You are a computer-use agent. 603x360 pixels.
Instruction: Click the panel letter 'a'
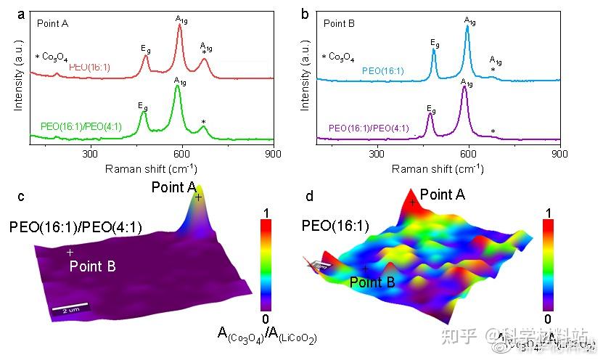(22, 14)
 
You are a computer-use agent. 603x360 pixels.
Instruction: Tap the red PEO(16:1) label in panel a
(89, 67)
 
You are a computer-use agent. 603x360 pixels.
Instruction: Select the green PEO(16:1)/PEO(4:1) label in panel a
(81, 126)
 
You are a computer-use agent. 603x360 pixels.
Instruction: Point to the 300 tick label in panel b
(377, 154)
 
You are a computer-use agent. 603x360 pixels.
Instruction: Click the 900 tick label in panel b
(560, 154)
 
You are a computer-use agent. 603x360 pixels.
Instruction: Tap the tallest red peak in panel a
(179, 26)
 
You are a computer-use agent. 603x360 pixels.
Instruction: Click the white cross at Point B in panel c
(70, 253)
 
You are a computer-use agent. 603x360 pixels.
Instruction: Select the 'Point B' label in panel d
(372, 282)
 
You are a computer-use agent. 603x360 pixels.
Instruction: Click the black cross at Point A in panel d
(412, 202)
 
